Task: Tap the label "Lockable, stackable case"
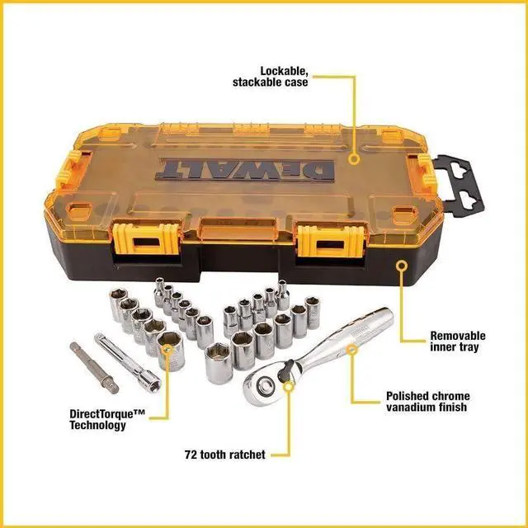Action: point(270,76)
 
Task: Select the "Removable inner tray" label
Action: point(458,342)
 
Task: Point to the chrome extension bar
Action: point(130,361)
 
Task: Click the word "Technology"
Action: point(98,426)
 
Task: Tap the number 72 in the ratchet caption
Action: point(191,454)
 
